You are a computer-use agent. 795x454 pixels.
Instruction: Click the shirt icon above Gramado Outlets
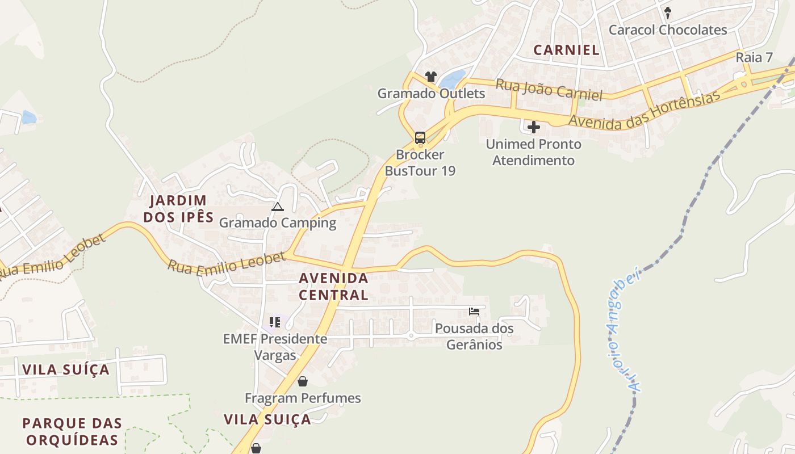[430, 77]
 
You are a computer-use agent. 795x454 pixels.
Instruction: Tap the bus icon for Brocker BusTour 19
[420, 137]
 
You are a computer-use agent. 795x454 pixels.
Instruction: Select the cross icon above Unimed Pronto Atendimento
[534, 127]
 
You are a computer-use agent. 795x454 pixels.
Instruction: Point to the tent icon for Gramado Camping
[277, 207]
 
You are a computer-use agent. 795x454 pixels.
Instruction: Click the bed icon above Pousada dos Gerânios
[474, 311]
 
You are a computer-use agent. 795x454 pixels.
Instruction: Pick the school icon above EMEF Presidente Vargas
[275, 322]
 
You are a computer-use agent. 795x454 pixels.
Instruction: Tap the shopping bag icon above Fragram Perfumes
[303, 381]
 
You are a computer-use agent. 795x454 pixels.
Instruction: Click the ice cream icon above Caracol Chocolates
[668, 12]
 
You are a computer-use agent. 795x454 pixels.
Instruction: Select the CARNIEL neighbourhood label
[566, 50]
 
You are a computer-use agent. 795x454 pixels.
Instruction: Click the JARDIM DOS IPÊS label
[178, 208]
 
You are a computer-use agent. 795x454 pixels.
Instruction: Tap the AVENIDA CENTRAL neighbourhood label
[333, 287]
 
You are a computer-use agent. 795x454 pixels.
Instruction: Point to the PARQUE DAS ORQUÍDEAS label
[72, 431]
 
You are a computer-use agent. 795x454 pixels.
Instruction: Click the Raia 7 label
[754, 57]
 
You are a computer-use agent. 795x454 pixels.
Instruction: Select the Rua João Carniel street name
[549, 90]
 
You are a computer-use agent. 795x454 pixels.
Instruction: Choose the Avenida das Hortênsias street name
[645, 110]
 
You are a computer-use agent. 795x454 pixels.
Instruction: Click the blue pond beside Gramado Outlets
[452, 79]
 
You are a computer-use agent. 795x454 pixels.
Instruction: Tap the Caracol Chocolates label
[668, 30]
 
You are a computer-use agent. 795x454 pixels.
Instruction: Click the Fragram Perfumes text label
[303, 398]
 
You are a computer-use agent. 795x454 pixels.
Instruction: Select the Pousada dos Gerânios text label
[474, 336]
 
